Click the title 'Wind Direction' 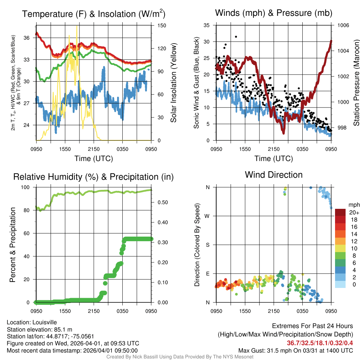274,175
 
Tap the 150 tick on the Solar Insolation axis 162,25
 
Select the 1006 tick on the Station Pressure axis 343,25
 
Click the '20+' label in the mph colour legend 353,213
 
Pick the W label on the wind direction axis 207,216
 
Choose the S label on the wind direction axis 207,245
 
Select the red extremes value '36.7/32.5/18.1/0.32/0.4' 320,343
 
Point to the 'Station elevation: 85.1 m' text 39,329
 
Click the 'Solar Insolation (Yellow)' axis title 174,83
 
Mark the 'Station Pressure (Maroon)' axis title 356,83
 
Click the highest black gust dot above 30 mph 236,37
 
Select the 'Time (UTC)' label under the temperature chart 94,159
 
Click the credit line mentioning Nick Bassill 180,357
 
